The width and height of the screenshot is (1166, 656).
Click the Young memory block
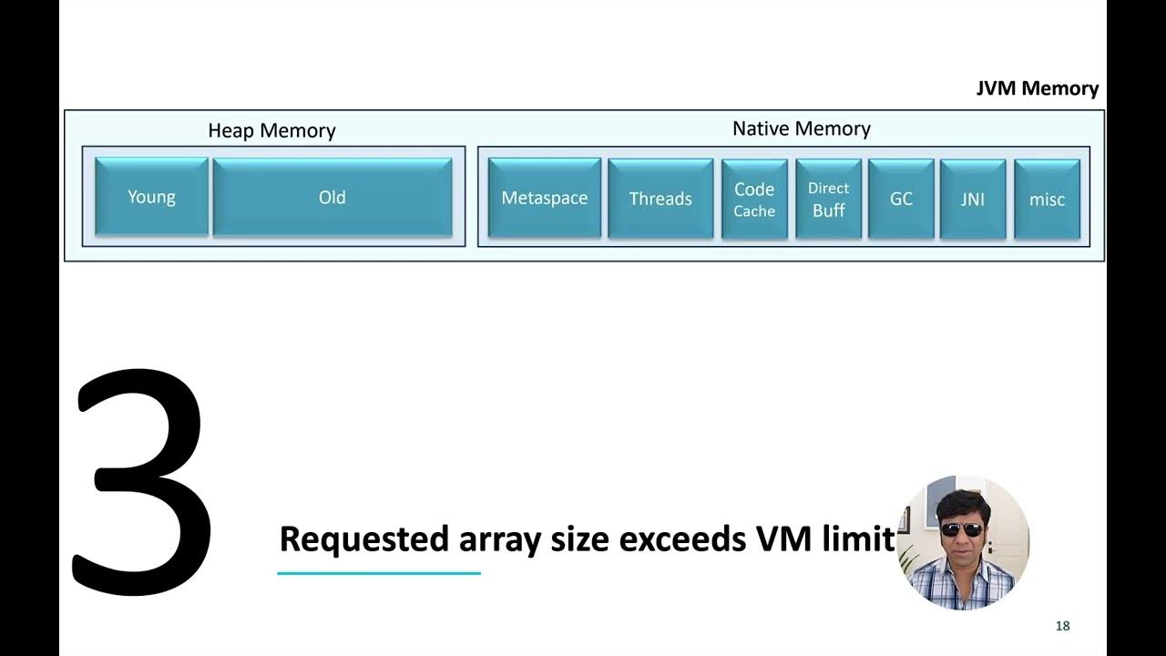pyautogui.click(x=151, y=198)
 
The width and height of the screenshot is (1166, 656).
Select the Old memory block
pyautogui.click(x=332, y=198)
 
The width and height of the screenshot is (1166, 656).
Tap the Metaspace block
pyautogui.click(x=544, y=199)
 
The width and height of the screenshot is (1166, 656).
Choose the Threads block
pyautogui.click(x=660, y=199)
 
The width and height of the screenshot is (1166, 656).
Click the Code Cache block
pyautogui.click(x=754, y=200)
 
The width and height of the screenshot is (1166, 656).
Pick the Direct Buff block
pyautogui.click(x=828, y=200)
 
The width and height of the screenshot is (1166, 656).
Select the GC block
pyautogui.click(x=901, y=200)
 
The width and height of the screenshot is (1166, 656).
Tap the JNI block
pyautogui.click(x=973, y=200)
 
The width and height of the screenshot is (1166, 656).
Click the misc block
pyautogui.click(x=1047, y=200)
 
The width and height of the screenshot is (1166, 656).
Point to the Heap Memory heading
pyautogui.click(x=271, y=130)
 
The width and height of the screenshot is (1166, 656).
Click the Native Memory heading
pyautogui.click(x=801, y=128)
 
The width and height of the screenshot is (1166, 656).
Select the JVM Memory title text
pyautogui.click(x=1038, y=88)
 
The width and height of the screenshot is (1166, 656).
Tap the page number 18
pyautogui.click(x=1062, y=626)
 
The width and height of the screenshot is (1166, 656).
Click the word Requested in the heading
pyautogui.click(x=364, y=539)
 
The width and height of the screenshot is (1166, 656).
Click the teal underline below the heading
pyautogui.click(x=378, y=573)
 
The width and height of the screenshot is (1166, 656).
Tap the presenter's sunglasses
pyautogui.click(x=961, y=529)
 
